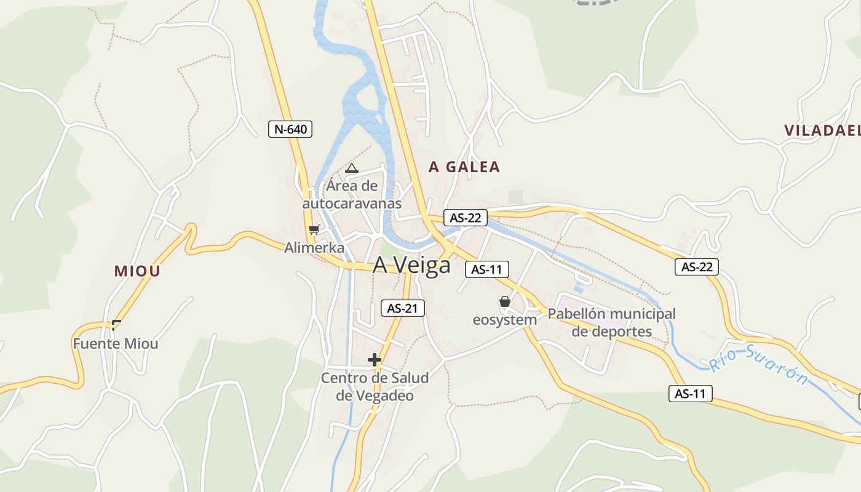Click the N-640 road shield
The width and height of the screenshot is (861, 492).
click(x=291, y=129)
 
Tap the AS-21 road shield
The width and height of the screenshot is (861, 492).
click(x=403, y=308)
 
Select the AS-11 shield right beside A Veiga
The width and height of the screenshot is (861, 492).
click(x=487, y=269)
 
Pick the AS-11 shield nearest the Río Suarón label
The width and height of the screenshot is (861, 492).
click(x=691, y=394)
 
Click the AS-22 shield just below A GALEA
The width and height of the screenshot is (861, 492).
click(x=466, y=217)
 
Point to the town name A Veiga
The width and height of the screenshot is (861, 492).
click(x=411, y=265)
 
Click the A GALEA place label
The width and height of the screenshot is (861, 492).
click(x=464, y=167)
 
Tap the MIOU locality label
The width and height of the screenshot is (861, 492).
click(x=137, y=271)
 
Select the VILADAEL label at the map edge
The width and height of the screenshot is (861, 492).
click(x=822, y=130)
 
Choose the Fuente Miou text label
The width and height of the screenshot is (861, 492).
click(x=116, y=344)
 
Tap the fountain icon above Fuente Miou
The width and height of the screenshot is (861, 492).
click(x=116, y=324)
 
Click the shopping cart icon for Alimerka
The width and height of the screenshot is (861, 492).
click(x=314, y=230)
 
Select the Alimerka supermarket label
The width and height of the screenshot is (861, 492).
click(x=314, y=247)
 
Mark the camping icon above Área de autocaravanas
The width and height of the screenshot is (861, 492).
click(x=351, y=168)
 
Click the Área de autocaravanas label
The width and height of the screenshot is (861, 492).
click(x=352, y=194)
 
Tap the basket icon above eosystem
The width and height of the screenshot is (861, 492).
click(x=505, y=301)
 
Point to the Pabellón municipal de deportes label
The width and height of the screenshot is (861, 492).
click(x=611, y=322)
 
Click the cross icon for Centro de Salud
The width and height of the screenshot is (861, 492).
click(x=375, y=360)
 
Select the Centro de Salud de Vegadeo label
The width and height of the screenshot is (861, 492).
click(x=375, y=386)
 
